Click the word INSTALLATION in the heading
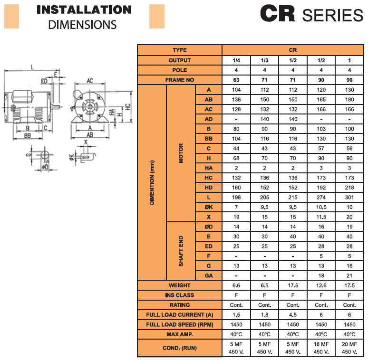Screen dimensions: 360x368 [84, 9]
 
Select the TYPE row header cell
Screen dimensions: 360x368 [180, 50]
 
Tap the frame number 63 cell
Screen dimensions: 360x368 [236, 80]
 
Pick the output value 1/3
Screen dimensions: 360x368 [265, 60]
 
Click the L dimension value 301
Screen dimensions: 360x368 [349, 197]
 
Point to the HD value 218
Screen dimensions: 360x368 [349, 188]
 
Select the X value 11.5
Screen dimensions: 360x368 [321, 217]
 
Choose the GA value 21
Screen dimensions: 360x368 [349, 275]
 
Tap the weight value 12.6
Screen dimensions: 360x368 [321, 285]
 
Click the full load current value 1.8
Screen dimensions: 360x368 [265, 314]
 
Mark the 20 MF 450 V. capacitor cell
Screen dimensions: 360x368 [349, 348]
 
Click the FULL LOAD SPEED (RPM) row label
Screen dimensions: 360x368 [180, 324]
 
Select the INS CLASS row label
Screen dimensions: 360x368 [180, 295]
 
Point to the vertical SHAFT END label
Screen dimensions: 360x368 [181, 251]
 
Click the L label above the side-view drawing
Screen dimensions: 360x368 [31, 67]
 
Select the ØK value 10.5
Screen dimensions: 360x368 [321, 207]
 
